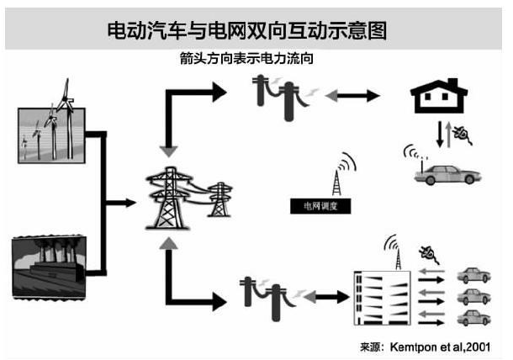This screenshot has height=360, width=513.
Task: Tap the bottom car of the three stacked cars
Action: (x=473, y=317)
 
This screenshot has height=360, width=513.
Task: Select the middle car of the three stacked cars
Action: (x=473, y=297)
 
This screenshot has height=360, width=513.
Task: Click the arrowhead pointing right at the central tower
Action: (x=128, y=202)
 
